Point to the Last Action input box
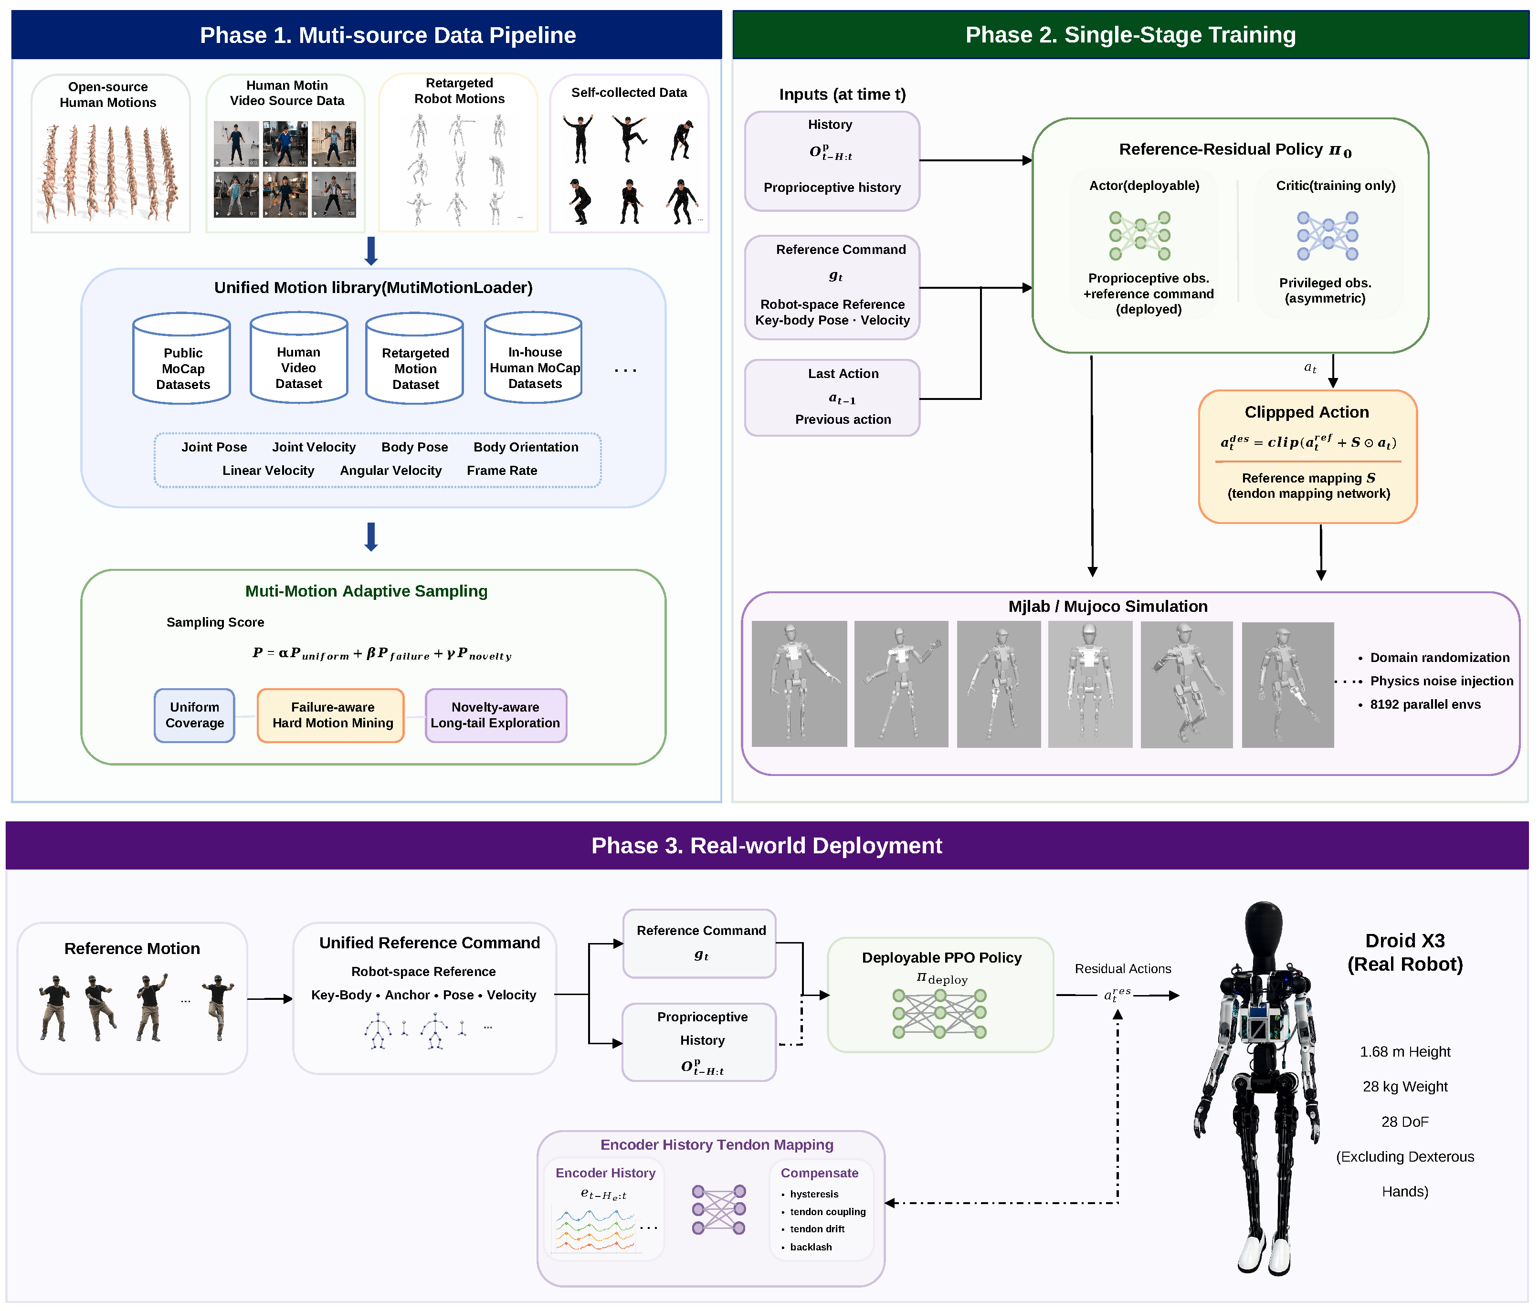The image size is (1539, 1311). tap(832, 398)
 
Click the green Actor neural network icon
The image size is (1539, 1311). tap(1139, 235)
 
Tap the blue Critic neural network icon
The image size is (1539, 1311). tap(1328, 235)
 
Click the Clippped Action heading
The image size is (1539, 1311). tap(1307, 412)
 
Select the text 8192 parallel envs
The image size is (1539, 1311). tap(1424, 704)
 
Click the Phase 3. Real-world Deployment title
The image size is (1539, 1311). tap(767, 845)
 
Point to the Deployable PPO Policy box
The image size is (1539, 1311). tap(940, 995)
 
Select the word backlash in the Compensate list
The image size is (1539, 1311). tap(811, 1247)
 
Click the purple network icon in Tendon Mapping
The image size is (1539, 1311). tap(719, 1210)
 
